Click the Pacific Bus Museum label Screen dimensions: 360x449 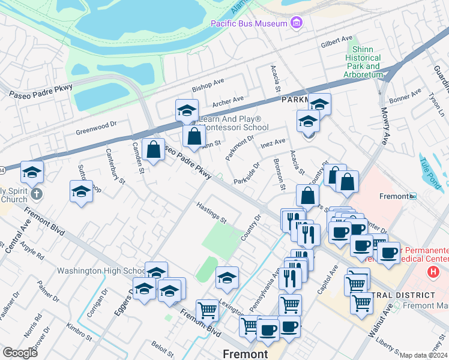247,23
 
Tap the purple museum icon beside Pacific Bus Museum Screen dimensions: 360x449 295,23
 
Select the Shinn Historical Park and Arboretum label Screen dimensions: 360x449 363,62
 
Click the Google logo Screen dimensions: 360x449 20,353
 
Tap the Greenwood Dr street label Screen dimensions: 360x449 95,128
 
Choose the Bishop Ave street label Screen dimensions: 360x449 208,85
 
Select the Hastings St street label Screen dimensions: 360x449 211,212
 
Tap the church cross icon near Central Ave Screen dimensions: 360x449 37,193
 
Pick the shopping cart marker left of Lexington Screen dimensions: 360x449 207,310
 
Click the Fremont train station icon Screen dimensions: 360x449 413,196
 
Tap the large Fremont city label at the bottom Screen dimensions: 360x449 245,354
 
